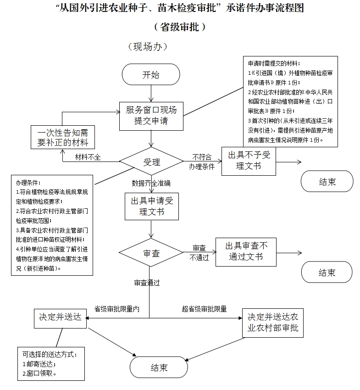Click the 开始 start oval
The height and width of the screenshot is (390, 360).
tap(151, 74)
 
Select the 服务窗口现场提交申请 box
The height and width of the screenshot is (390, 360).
tap(151, 116)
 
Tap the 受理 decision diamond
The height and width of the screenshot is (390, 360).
tap(151, 162)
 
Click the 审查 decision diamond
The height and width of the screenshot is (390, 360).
tap(151, 252)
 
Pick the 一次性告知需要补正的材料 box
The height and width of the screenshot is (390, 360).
tap(63, 137)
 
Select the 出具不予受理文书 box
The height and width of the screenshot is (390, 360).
tap(249, 161)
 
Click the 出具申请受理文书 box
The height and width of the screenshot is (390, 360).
tap(152, 206)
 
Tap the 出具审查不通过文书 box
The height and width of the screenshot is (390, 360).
tap(246, 252)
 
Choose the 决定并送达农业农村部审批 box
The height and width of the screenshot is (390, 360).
tap(273, 323)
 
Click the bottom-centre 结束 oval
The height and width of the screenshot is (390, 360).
tap(159, 367)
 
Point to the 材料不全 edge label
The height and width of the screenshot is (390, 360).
tap(88, 157)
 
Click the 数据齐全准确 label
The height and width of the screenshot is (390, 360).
tap(151, 184)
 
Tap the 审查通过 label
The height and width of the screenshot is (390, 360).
tap(147, 283)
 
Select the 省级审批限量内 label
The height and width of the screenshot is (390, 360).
tap(117, 309)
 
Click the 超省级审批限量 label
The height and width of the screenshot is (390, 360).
tap(205, 309)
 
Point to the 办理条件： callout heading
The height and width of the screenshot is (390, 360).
tap(28, 183)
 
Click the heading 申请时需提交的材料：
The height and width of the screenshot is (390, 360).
tap(274, 63)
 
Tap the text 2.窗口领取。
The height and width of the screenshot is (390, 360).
tap(39, 373)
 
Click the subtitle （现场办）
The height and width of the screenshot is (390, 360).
tap(148, 46)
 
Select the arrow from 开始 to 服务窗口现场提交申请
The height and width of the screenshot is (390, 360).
tap(151, 94)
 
